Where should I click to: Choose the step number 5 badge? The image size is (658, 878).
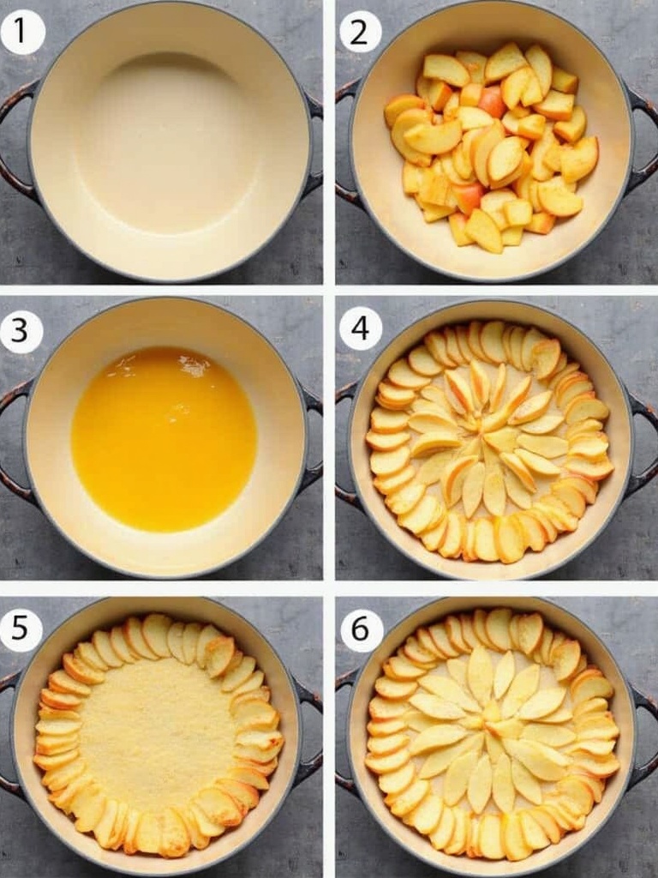(x=21, y=628)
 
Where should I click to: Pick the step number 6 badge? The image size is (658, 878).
(x=361, y=628)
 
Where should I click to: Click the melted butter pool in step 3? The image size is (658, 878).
(x=164, y=440)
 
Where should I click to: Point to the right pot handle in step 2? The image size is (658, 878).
(x=643, y=140)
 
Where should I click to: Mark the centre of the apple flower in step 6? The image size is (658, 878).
(x=493, y=722)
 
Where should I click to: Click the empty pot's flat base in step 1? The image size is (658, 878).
(x=168, y=143)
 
